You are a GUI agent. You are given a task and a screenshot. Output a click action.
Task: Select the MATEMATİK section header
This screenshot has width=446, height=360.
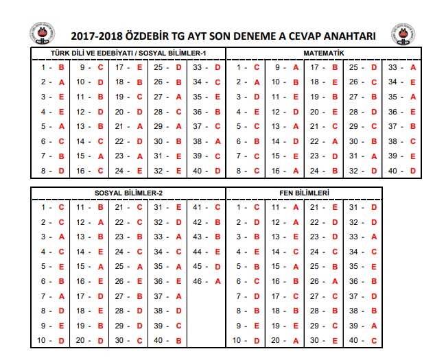323,53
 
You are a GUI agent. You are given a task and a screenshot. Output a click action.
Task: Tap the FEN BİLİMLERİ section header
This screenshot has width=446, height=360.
303,193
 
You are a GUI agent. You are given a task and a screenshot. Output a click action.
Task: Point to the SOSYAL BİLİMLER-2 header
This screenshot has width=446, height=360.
128,193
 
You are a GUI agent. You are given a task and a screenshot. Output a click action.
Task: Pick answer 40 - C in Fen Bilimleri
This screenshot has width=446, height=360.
363,340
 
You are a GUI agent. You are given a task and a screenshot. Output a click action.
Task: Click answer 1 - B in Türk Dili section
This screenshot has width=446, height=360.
52,67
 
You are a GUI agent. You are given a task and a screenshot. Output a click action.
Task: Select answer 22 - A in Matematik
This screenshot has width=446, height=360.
324,141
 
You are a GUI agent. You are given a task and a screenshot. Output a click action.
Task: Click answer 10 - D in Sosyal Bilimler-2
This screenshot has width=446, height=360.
52,340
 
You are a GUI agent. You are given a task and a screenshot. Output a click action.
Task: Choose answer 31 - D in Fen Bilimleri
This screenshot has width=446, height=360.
363,207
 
